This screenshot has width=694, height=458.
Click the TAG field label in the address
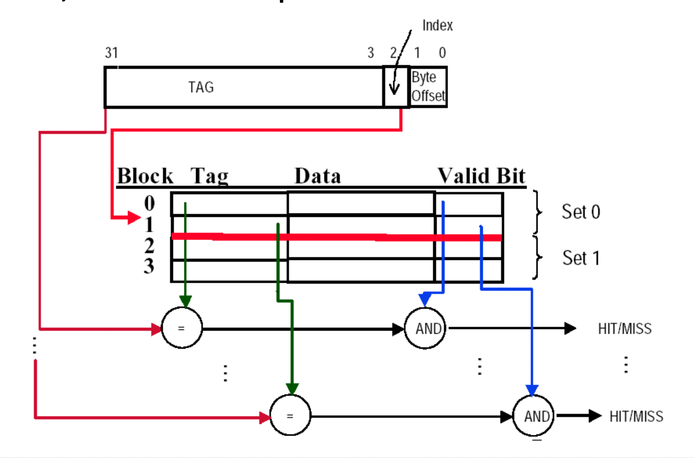click(x=201, y=87)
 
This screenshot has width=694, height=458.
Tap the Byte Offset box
click(x=428, y=87)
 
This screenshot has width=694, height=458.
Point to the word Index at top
click(x=438, y=25)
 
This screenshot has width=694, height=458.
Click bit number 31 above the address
click(x=111, y=53)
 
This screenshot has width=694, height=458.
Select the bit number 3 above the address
click(x=371, y=53)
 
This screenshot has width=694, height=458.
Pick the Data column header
click(x=317, y=176)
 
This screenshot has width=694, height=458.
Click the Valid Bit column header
click(x=481, y=176)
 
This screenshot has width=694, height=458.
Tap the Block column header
click(x=145, y=176)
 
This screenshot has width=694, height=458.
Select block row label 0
click(x=149, y=204)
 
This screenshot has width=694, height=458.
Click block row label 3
click(x=149, y=267)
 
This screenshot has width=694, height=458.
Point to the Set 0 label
click(x=581, y=211)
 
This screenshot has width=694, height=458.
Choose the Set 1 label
click(x=581, y=258)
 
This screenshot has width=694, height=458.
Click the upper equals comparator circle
click(x=182, y=328)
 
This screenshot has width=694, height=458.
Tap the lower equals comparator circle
click(x=290, y=416)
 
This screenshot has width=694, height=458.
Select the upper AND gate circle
click(x=426, y=328)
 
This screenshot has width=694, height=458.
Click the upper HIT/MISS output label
click(x=624, y=328)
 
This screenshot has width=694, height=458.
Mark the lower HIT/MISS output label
click(x=636, y=416)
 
